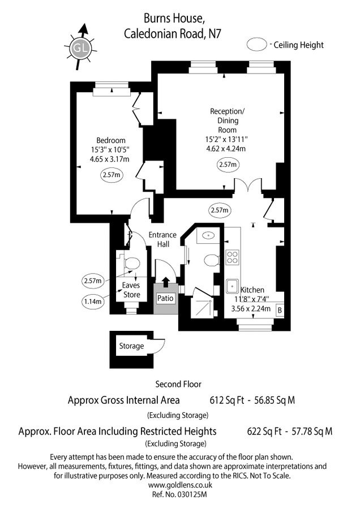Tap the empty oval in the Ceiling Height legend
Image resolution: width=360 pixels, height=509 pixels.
tap(258, 45)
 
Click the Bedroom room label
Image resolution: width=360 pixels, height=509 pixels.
tap(111, 140)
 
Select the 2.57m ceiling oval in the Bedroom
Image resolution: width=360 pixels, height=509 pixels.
tap(112, 175)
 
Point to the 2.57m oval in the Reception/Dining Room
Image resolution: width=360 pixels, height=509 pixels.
tap(228, 165)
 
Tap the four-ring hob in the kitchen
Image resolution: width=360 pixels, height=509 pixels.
tap(233, 257)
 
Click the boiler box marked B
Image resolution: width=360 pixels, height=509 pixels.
tap(279, 309)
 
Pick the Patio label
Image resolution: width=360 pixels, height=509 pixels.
tap(165, 299)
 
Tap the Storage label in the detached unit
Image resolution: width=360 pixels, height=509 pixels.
tap(131, 346)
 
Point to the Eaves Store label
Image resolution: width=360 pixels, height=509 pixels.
tap(131, 290)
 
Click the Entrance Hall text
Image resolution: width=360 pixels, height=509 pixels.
tap(162, 239)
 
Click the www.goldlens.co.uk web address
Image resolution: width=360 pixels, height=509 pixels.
tap(179, 485)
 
